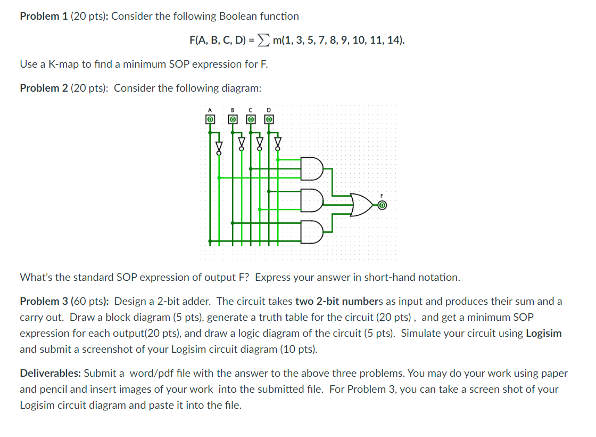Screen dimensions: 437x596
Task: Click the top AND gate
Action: [x=312, y=168]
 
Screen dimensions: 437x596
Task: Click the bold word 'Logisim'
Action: [x=543, y=333]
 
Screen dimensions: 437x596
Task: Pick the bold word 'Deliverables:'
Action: [x=51, y=373]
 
